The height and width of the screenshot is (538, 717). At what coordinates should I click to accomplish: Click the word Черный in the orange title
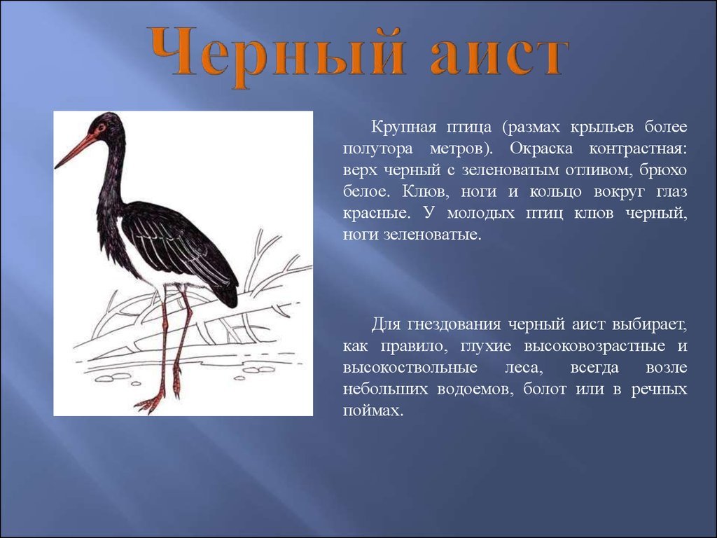[x=276, y=55]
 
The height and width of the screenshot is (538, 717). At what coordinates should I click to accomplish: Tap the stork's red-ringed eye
[x=100, y=127]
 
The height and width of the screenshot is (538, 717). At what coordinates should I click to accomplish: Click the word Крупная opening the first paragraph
[x=403, y=127]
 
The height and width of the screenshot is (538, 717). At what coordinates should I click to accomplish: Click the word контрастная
[x=637, y=149]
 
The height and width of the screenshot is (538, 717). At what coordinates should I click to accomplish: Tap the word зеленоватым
[x=510, y=170]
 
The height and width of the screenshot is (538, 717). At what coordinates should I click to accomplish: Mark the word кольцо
[x=555, y=192]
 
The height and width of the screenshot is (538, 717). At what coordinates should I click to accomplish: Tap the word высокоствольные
[x=410, y=367]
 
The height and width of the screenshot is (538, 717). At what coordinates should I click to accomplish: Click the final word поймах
[x=373, y=411]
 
